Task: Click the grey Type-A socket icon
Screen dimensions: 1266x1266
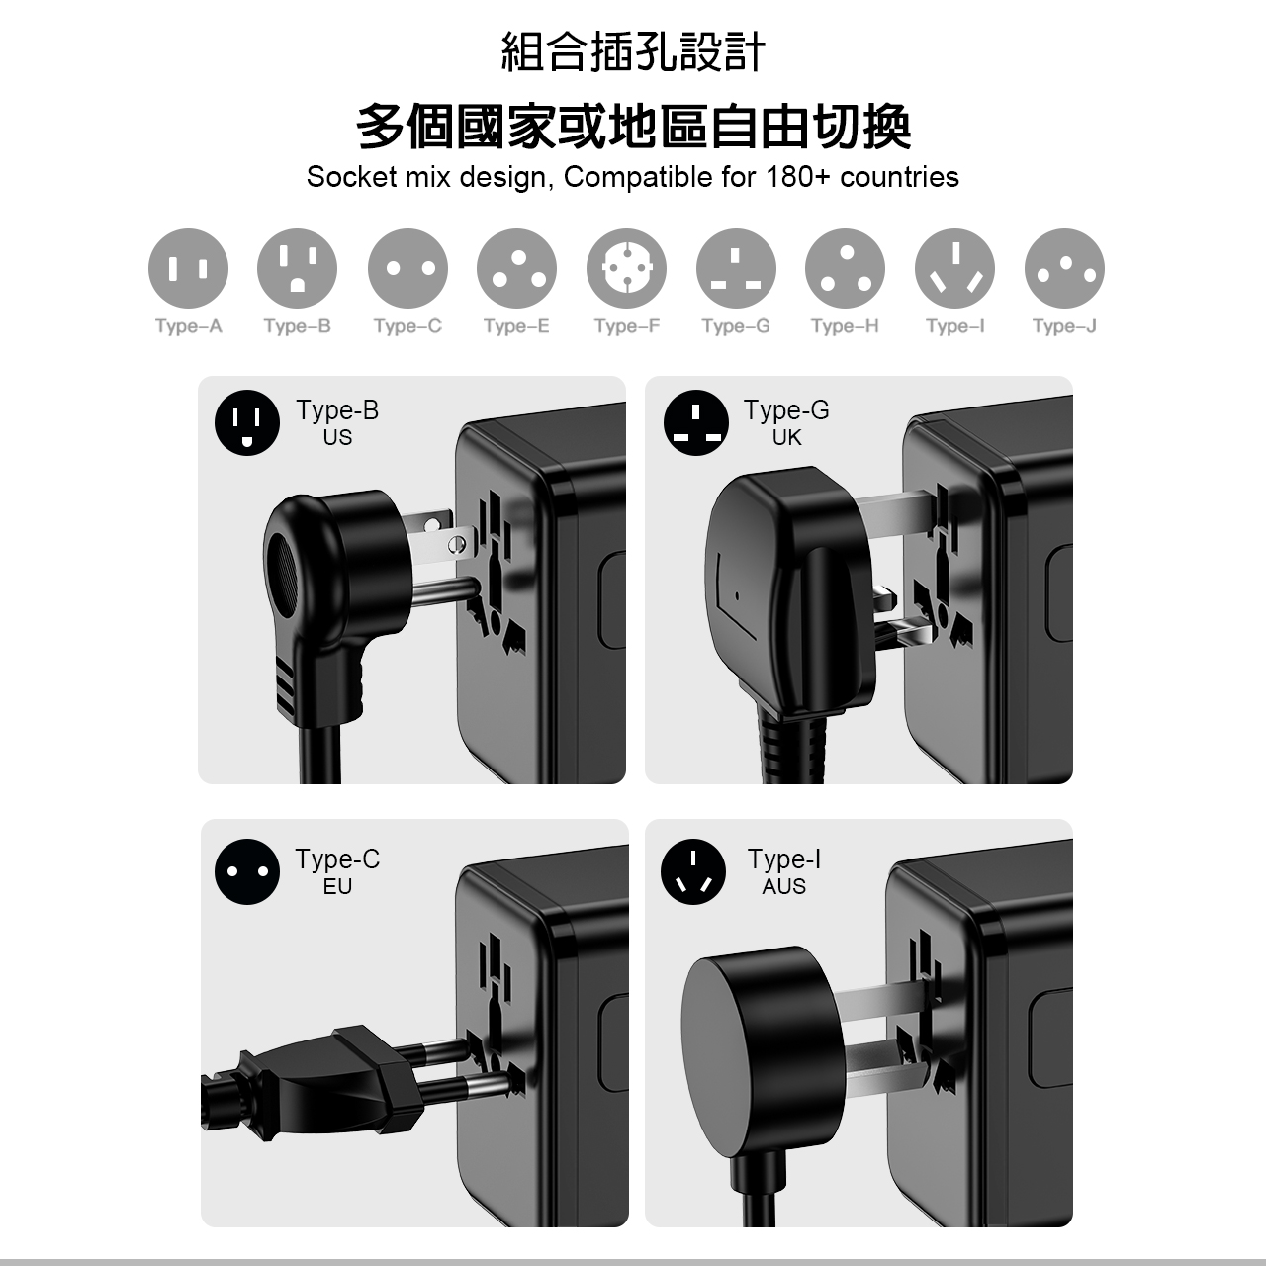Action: click(188, 268)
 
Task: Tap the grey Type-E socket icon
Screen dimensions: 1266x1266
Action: click(516, 268)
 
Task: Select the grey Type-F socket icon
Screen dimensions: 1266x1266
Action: click(626, 268)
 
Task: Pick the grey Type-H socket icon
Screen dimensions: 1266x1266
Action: click(845, 268)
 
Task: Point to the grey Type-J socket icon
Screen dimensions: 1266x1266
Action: click(1064, 268)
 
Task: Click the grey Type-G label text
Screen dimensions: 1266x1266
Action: click(736, 325)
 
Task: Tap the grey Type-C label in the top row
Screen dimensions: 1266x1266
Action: click(407, 325)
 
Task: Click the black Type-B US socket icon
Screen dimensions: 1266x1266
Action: click(247, 422)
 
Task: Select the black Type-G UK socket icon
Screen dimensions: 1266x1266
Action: click(695, 422)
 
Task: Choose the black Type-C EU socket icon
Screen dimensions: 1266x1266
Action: click(247, 871)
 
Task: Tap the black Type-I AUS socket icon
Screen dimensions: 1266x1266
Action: click(693, 871)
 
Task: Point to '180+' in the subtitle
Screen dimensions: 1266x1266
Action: click(794, 177)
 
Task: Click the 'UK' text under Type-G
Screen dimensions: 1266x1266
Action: click(786, 437)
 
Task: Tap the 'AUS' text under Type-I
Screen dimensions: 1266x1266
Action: click(783, 886)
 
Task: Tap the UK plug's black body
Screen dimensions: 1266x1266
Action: click(791, 591)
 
